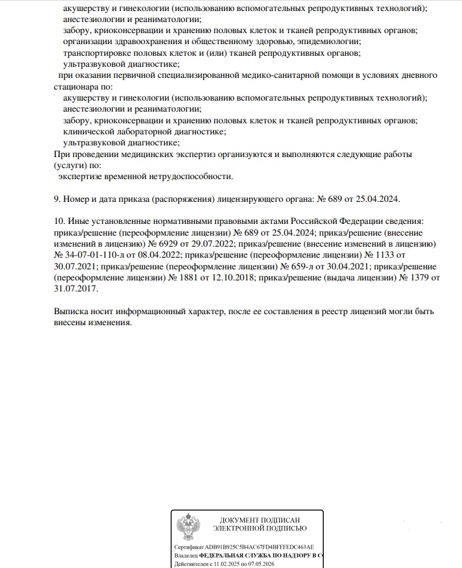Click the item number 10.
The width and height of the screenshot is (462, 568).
[58, 221]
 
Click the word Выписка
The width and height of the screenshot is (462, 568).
[72, 312]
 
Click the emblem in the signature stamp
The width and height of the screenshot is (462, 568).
[189, 527]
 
